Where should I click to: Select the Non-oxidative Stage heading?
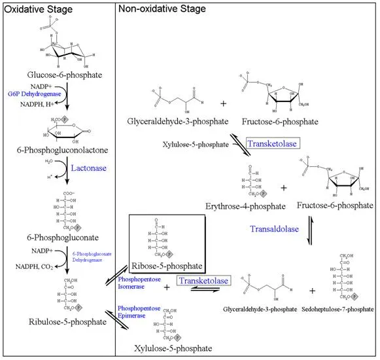(160, 9)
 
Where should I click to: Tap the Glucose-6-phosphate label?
(65, 75)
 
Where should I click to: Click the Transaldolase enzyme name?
(273, 228)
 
